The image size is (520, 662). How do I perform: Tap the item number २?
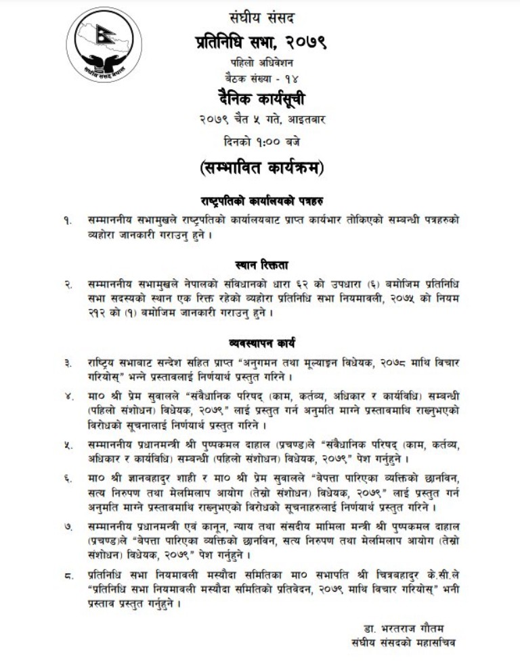tap(67, 285)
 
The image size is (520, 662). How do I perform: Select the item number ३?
tap(67, 363)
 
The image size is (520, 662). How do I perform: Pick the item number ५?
tap(67, 447)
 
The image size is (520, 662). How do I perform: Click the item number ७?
tap(67, 526)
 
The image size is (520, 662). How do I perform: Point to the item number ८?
tap(67, 576)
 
